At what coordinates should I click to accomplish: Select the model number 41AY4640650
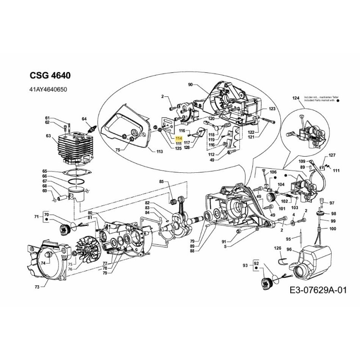point(49,90)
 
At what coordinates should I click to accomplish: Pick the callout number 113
point(159,152)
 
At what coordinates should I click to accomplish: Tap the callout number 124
point(296,98)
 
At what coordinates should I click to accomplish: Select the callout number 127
point(332,155)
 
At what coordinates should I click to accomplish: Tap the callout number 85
point(162,182)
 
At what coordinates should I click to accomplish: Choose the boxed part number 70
point(46,216)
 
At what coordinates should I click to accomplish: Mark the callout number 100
point(333,229)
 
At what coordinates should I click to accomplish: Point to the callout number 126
point(277,248)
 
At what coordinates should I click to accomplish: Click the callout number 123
point(272,109)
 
